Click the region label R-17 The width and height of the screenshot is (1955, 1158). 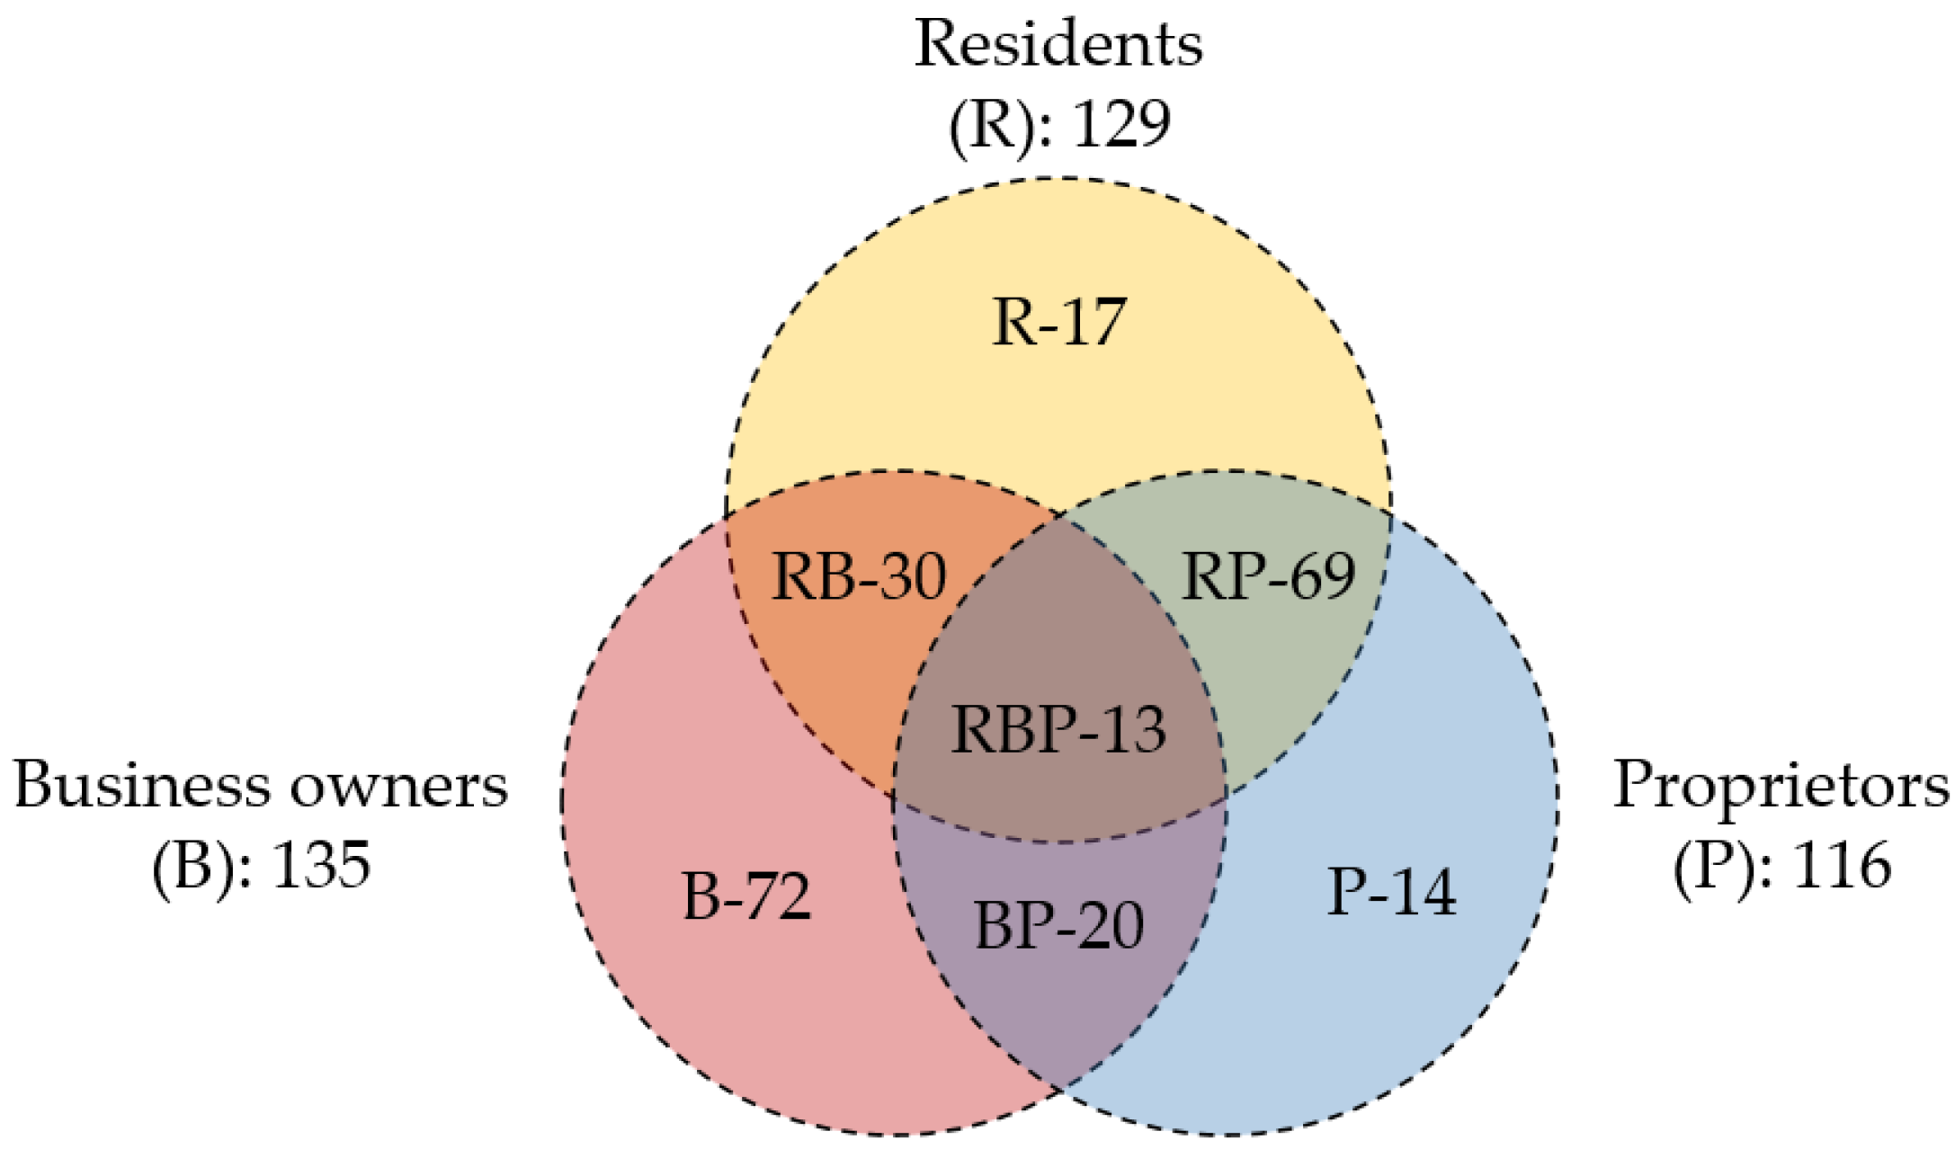pyautogui.click(x=1058, y=323)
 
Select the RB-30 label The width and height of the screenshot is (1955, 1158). pyautogui.click(x=859, y=576)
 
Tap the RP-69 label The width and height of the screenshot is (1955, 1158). pyautogui.click(x=1268, y=576)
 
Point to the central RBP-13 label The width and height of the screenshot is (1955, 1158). pyautogui.click(x=1058, y=729)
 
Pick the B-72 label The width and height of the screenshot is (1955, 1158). pyautogui.click(x=746, y=896)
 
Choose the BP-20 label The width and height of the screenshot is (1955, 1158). pyautogui.click(x=1058, y=926)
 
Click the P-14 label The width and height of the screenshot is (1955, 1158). pyautogui.click(x=1391, y=893)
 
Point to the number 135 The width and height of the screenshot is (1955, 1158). pyautogui.click(x=321, y=866)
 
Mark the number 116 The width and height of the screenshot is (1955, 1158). pyautogui.click(x=1842, y=866)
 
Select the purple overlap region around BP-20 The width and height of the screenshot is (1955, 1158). pyautogui.click(x=1058, y=998)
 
